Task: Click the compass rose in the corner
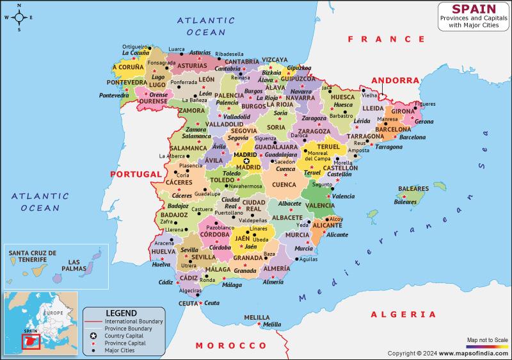click(19, 17)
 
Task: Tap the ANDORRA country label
click(398, 81)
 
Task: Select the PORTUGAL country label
click(136, 174)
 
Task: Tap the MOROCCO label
click(221, 345)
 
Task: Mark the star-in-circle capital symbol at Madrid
click(246, 161)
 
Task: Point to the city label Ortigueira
click(135, 47)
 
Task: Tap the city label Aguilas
click(308, 259)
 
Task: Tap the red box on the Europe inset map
click(30, 343)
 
